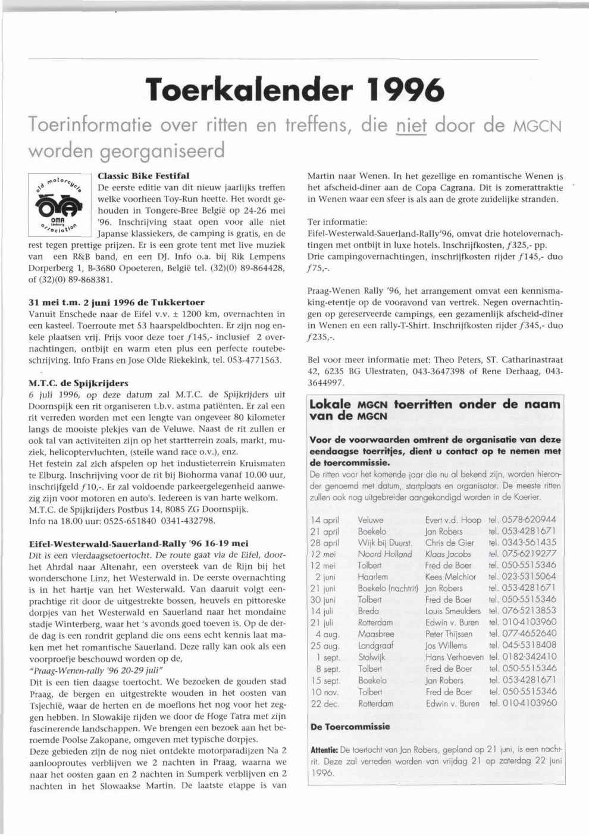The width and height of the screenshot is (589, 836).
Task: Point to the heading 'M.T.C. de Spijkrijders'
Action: pyautogui.click(x=78, y=383)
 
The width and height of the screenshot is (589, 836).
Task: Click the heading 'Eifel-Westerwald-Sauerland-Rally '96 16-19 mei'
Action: pyautogui.click(x=139, y=543)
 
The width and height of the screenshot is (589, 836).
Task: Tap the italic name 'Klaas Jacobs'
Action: pyautogui.click(x=448, y=553)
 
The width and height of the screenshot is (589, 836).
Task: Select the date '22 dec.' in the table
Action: pyautogui.click(x=325, y=703)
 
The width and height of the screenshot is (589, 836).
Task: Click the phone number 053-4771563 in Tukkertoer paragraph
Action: pyautogui.click(x=257, y=360)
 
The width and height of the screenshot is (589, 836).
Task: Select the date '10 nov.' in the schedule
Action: pyautogui.click(x=325, y=691)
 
